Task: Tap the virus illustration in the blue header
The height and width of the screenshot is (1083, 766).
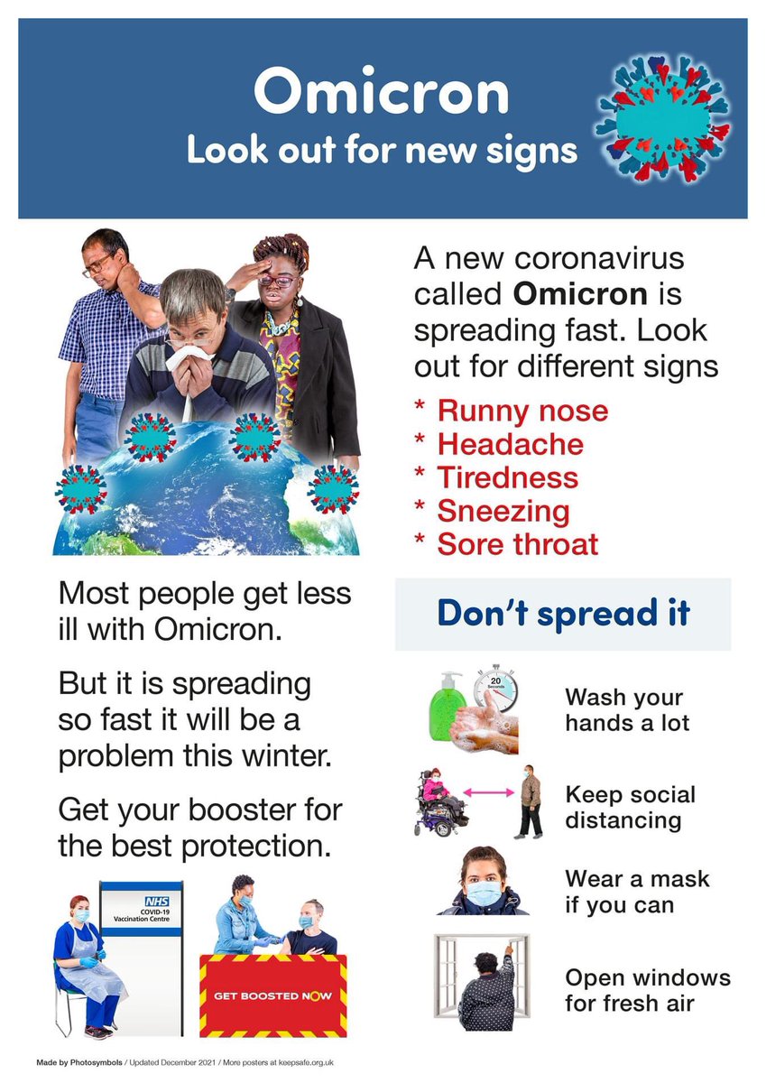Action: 664,118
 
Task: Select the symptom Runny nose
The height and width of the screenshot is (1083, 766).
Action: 522,412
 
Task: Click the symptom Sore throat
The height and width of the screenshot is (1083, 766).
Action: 517,544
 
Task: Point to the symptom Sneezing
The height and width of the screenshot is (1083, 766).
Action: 503,512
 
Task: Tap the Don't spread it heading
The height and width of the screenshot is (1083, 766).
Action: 563,613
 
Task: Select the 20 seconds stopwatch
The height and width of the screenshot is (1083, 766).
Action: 495,690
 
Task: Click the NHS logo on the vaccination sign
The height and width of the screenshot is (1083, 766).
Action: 158,901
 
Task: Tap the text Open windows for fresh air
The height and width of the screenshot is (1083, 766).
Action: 647,990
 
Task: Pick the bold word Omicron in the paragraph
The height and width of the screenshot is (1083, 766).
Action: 582,294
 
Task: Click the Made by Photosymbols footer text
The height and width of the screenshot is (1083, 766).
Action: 78,1061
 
